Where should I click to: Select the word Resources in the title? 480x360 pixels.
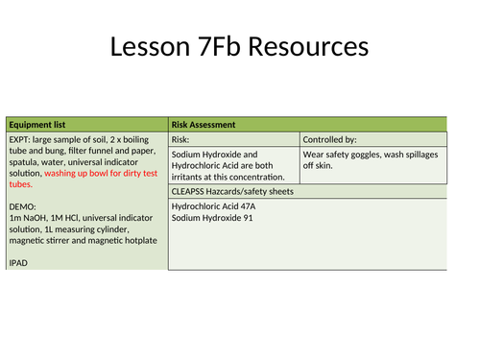tap(310, 47)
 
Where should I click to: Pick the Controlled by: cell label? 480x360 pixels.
tap(332, 139)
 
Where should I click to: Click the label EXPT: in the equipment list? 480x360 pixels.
tap(22, 139)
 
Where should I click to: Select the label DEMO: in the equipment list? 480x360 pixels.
tap(24, 206)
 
